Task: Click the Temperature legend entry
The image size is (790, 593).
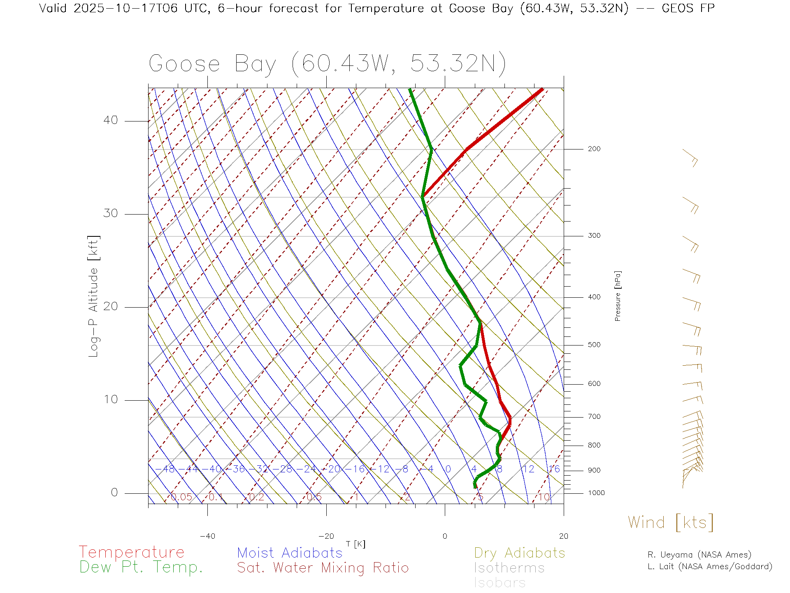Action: coord(132,552)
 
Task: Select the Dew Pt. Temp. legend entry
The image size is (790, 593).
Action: coord(141,567)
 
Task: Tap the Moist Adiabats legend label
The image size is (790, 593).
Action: coord(290,553)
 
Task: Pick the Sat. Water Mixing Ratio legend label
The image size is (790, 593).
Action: coord(323,568)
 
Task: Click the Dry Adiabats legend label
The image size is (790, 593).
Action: coord(520,553)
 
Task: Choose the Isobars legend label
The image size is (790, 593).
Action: coord(500,583)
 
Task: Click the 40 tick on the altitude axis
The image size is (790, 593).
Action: coord(110,120)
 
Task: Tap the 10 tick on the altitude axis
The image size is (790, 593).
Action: coord(110,399)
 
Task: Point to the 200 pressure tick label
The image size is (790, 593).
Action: coord(594,149)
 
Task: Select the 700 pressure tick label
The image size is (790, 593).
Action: coord(594,417)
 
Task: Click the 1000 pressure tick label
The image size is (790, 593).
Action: coord(596,493)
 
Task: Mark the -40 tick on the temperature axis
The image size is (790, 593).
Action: coord(207,536)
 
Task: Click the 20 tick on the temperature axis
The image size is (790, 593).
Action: coord(563,536)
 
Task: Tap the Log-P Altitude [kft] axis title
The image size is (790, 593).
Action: coord(94,296)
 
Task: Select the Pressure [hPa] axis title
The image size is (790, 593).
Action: coord(618,296)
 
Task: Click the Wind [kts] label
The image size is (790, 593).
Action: coord(671,523)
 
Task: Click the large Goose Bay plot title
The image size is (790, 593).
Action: coord(327,64)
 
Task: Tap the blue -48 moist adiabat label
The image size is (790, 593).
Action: coord(169,469)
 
